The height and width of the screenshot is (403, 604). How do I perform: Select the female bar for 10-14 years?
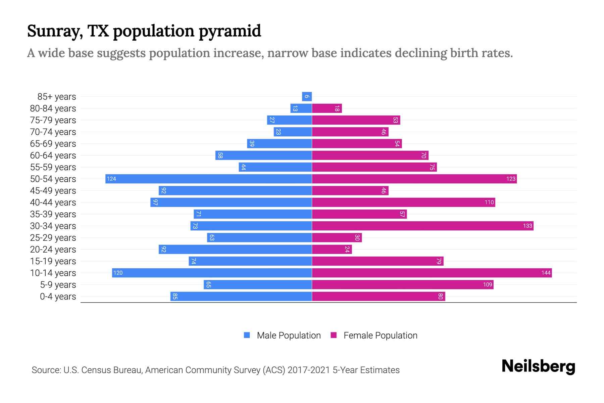[432, 273]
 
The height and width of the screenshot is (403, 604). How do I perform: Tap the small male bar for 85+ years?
[307, 96]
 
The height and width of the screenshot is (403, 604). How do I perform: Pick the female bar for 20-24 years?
[332, 249]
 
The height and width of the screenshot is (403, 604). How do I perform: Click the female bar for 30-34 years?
[423, 226]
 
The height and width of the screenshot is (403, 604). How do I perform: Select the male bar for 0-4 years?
[241, 296]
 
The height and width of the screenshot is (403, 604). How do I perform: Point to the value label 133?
[527, 226]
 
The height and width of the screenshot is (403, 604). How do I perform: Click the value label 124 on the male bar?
[111, 179]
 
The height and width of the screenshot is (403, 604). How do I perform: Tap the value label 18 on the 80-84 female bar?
[337, 108]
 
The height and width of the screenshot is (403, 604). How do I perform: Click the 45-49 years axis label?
[53, 191]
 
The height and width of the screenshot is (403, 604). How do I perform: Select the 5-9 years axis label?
[58, 285]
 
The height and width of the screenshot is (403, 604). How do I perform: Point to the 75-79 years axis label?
[53, 120]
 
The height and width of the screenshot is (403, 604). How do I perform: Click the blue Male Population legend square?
[247, 335]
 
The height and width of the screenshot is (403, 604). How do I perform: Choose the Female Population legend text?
[380, 335]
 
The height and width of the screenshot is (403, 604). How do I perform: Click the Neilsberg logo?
[538, 366]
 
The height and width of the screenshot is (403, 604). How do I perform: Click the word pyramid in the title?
[230, 31]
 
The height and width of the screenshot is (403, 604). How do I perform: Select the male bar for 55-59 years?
[275, 167]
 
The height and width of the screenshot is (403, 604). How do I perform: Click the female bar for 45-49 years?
[350, 190]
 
